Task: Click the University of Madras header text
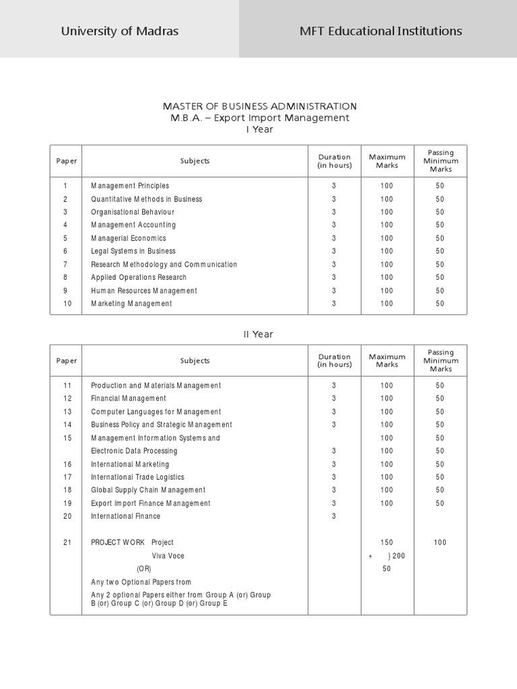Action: click(x=120, y=31)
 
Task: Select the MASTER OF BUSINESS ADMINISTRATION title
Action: click(x=260, y=106)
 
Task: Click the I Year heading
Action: click(x=260, y=129)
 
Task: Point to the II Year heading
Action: click(x=258, y=334)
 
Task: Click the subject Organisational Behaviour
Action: click(x=133, y=212)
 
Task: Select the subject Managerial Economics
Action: click(x=129, y=238)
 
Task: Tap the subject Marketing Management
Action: click(x=131, y=303)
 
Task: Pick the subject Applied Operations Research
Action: click(x=139, y=277)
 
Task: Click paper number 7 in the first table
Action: click(x=65, y=264)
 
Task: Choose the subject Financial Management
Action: click(x=129, y=398)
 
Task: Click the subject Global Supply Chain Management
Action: click(x=148, y=490)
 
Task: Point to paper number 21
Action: click(x=67, y=542)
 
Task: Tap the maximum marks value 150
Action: click(x=386, y=542)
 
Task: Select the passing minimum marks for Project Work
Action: click(x=440, y=542)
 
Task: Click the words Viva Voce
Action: click(x=168, y=556)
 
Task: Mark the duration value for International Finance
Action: click(x=333, y=516)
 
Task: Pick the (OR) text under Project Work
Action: click(x=144, y=569)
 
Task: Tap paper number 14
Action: click(x=67, y=425)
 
